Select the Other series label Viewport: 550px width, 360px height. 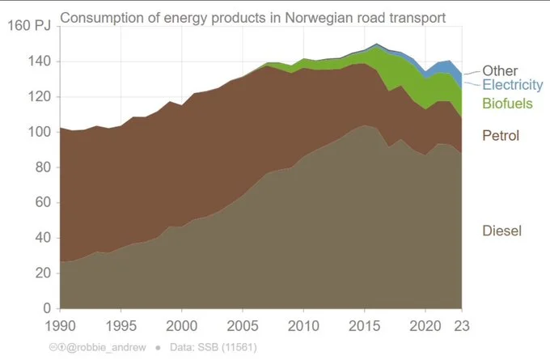[x=500, y=71]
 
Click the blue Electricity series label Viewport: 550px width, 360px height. [x=512, y=85]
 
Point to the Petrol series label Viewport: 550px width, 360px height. [x=500, y=135]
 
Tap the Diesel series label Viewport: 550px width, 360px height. [x=501, y=231]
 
